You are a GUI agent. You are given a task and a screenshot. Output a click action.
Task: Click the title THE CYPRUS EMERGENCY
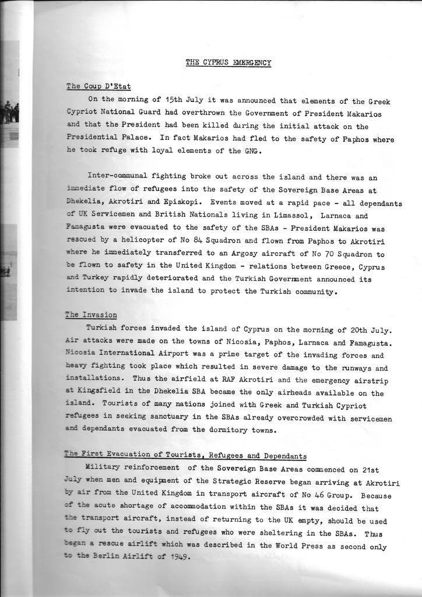pos(228,62)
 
